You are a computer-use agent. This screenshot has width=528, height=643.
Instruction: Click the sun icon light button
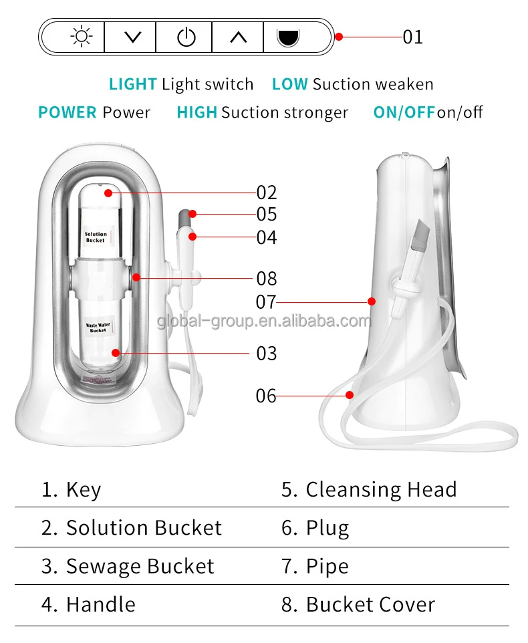coord(82,37)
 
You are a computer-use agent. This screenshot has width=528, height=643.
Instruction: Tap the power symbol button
coord(185,37)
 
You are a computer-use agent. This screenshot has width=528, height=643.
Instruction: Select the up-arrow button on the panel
coord(238,37)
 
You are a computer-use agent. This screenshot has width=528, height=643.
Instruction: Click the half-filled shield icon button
coord(288,37)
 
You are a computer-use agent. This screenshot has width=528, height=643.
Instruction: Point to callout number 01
coord(412,37)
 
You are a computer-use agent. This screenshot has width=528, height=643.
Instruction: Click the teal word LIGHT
coord(133,84)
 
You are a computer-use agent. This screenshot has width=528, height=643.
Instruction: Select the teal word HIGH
coord(196,112)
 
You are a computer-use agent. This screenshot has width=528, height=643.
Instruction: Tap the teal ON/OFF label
coord(404,112)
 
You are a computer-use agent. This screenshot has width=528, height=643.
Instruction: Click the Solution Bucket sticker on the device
coord(96,237)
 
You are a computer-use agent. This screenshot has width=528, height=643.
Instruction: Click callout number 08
coord(266,278)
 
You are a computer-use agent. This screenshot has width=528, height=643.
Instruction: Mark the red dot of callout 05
coord(192,214)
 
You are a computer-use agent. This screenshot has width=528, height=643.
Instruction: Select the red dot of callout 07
coord(372,301)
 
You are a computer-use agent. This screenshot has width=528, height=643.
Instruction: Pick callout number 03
coord(266,353)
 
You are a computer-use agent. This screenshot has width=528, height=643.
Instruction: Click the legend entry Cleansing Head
coord(381,489)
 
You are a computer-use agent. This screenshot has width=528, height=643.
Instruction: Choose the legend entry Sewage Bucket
coord(140,567)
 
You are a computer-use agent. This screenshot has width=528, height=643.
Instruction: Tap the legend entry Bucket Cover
coord(370,605)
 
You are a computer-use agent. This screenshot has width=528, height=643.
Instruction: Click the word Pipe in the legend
coord(327,567)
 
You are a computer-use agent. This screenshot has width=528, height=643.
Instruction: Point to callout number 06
coord(266,396)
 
